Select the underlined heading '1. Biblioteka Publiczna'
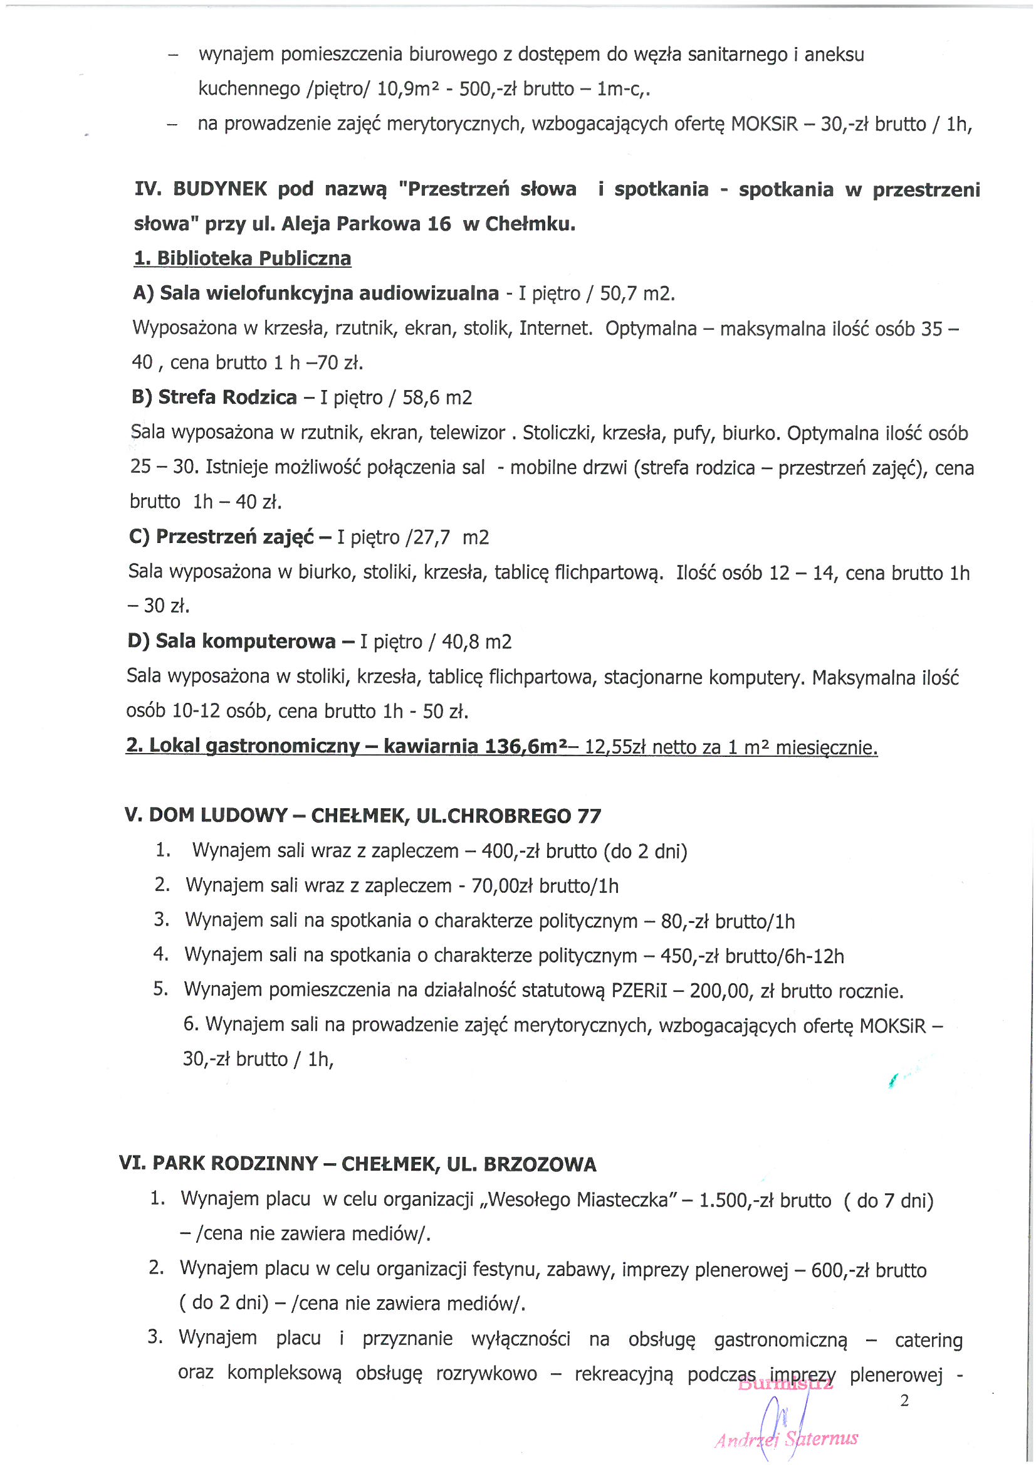pos(242,258)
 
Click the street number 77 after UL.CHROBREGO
pos(589,816)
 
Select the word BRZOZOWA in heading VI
pos(540,1164)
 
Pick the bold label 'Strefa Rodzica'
pos(227,398)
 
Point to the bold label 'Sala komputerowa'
pos(245,641)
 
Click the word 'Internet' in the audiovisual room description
pos(555,328)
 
